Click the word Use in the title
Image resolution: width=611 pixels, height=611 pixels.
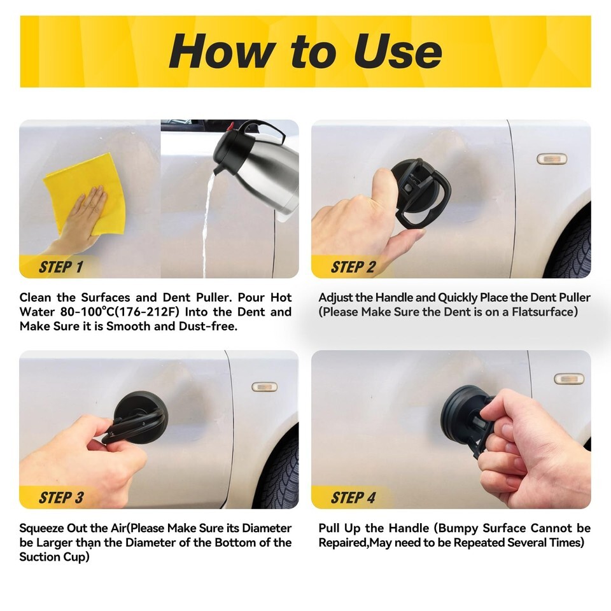pos(397,51)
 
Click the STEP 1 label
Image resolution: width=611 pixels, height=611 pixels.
pos(61,267)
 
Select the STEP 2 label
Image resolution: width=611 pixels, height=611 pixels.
pos(353,267)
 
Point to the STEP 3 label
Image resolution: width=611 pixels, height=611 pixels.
pos(61,498)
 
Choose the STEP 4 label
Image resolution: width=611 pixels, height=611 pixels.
pos(353,498)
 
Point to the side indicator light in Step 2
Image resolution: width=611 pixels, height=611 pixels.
pos(552,158)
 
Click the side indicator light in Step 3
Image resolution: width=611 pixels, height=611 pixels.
pos(264,386)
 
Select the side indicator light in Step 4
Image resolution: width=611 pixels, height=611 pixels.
pos(569,378)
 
